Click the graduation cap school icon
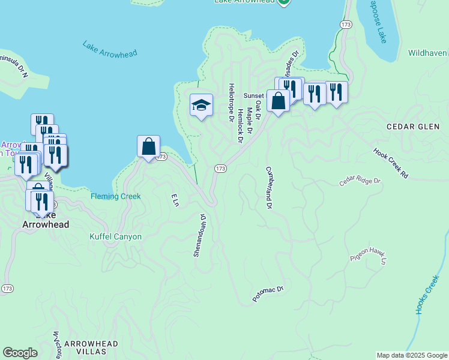point(202,106)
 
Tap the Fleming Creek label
point(116,196)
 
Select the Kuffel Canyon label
point(116,236)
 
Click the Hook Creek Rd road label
point(390,163)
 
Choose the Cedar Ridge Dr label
point(360,181)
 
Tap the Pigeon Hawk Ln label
point(367,257)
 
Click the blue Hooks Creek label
point(427,295)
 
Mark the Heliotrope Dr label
point(231,103)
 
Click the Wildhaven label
point(428,53)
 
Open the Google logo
point(20,353)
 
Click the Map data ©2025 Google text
point(411,355)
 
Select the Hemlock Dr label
point(240,125)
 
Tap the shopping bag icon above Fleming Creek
point(148,147)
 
